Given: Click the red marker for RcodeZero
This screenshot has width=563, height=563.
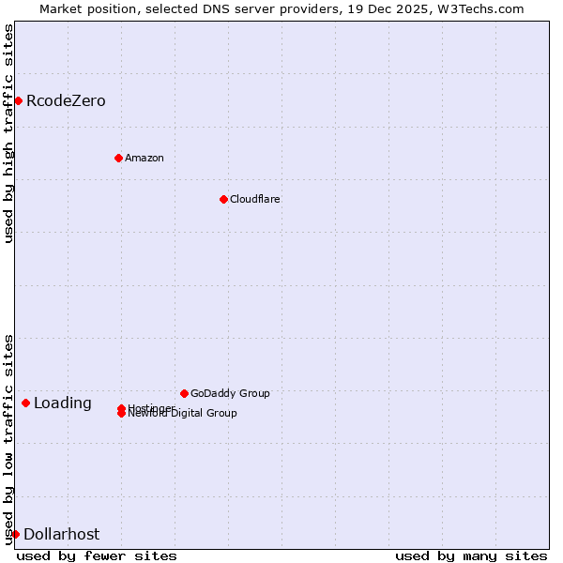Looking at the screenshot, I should [x=18, y=100].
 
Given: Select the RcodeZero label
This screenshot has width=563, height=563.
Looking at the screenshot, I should [x=66, y=101].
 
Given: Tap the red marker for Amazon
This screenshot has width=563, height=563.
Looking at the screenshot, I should [x=118, y=158].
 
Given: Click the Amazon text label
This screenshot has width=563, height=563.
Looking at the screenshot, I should [x=145, y=158].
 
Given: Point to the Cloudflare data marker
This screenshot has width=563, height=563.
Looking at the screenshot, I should [x=223, y=199].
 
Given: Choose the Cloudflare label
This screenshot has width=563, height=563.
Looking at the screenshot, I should [x=254, y=199].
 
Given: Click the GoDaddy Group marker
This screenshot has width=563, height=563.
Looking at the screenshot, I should [x=184, y=393].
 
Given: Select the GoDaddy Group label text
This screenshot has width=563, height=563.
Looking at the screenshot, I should [x=230, y=393].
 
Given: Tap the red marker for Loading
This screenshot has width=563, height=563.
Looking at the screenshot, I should [x=25, y=403].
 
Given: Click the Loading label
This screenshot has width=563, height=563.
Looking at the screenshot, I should [x=63, y=403].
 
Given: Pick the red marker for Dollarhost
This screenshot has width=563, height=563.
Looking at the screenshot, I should [x=15, y=534].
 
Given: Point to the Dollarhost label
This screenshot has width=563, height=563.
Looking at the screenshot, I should [x=61, y=535].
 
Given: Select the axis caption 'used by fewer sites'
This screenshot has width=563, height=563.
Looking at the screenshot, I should [x=97, y=556].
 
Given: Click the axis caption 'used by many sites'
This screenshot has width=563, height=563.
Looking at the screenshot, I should [x=471, y=556].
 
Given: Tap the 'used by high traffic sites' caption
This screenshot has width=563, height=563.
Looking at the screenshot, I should [x=8, y=133].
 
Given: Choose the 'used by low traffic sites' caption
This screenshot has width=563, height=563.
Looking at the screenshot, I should [x=8, y=438].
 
